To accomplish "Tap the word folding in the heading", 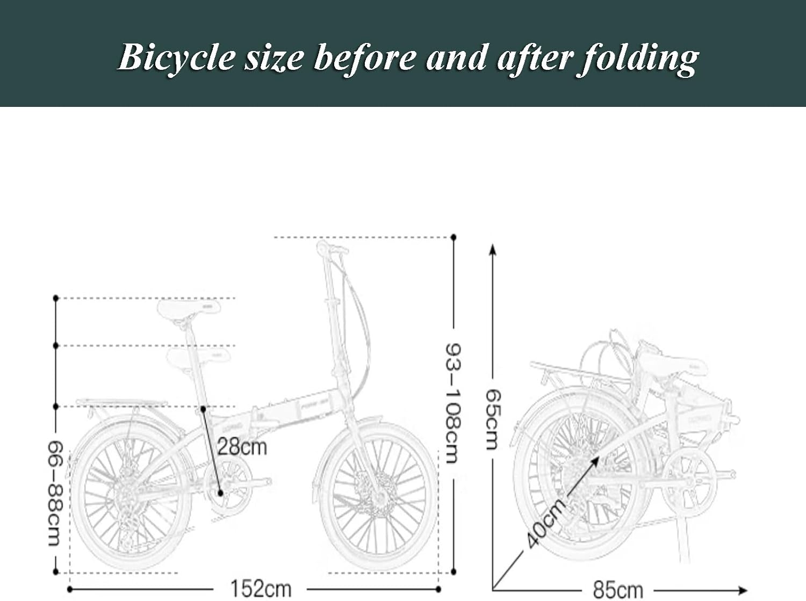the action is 638,57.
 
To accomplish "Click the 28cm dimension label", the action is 242,446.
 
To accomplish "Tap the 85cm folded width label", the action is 618,590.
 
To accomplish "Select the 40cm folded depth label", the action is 546,523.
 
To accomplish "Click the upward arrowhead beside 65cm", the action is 493,249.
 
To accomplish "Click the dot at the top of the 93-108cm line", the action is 454,237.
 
